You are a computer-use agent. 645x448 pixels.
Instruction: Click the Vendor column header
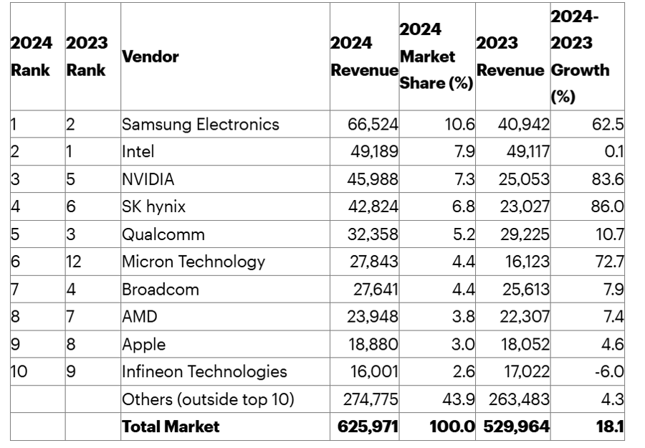click(x=150, y=57)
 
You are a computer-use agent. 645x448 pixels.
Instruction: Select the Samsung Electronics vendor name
click(x=201, y=124)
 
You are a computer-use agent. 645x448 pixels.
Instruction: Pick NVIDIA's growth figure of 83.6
click(x=607, y=179)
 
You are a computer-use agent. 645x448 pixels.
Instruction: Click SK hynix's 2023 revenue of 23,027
click(x=523, y=207)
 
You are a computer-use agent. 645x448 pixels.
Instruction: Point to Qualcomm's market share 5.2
click(x=462, y=234)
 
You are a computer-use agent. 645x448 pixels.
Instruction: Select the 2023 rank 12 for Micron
click(x=74, y=262)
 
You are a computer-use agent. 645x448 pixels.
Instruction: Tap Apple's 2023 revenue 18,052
click(x=523, y=344)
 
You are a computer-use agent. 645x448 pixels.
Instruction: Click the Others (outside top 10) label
click(x=209, y=399)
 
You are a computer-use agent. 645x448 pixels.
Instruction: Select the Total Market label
click(x=171, y=427)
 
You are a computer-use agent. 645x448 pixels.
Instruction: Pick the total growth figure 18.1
click(x=610, y=427)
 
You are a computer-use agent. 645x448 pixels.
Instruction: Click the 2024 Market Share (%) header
click(x=436, y=57)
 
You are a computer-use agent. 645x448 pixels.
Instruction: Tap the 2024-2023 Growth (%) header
click(x=580, y=57)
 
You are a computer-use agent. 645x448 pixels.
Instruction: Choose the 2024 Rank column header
click(x=31, y=57)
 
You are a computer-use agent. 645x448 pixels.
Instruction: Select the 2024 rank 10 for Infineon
click(x=19, y=372)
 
